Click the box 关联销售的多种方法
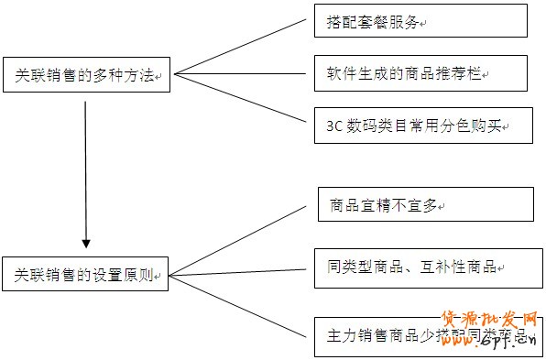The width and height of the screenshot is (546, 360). click(86, 78)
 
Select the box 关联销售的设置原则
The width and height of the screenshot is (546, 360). click(86, 274)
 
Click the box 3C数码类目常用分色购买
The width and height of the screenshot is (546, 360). click(422, 125)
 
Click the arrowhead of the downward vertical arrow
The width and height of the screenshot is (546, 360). click(86, 243)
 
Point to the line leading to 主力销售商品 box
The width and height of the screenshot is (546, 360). click(240, 303)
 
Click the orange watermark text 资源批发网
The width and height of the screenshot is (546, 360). click(489, 321)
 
